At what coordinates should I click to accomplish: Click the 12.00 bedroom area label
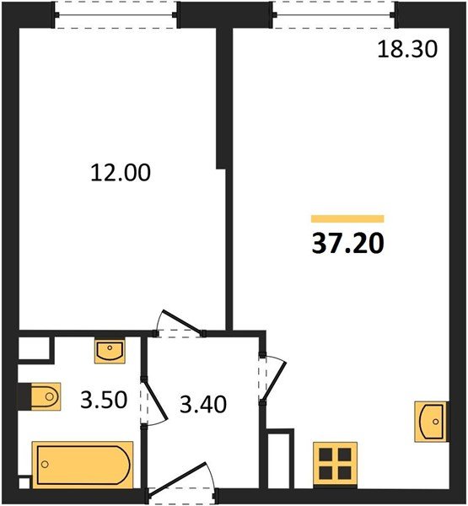coord(121,173)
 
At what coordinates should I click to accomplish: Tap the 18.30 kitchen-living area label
coord(407,50)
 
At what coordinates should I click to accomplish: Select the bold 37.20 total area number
coord(348,244)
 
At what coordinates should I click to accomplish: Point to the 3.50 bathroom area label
coord(104,400)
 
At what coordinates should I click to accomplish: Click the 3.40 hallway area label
coord(203,404)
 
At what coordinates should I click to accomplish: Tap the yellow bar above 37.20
coord(347,218)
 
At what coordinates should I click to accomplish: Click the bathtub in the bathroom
coord(83,465)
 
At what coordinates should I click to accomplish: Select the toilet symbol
coord(46,396)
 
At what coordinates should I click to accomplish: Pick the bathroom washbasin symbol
coord(110,351)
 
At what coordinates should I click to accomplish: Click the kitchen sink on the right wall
coord(431,422)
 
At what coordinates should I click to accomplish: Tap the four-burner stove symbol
coord(336,464)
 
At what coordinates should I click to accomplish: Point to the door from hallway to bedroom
coord(180,324)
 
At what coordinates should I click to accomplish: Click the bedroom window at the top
coord(116,15)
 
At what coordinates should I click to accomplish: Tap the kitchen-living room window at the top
coord(334,15)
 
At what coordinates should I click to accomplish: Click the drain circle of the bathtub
coord(45,465)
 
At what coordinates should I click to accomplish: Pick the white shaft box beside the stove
coord(279,460)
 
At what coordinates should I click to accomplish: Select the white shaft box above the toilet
coord(34,347)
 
